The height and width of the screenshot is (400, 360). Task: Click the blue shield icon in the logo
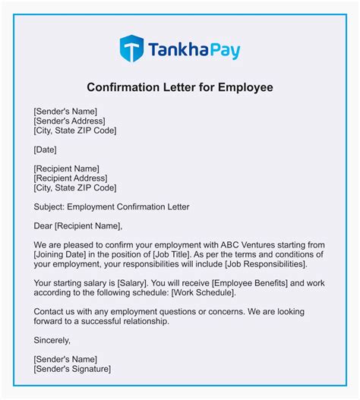(131, 48)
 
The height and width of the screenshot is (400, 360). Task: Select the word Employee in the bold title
(245, 87)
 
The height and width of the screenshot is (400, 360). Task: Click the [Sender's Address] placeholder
(69, 120)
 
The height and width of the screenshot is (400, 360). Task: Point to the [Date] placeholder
(46, 150)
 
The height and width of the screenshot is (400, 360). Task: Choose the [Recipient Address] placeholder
(71, 178)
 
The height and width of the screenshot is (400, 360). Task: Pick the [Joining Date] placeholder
(65, 254)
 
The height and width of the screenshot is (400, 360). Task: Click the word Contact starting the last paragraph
(50, 312)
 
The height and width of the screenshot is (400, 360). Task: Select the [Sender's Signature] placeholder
(72, 369)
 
